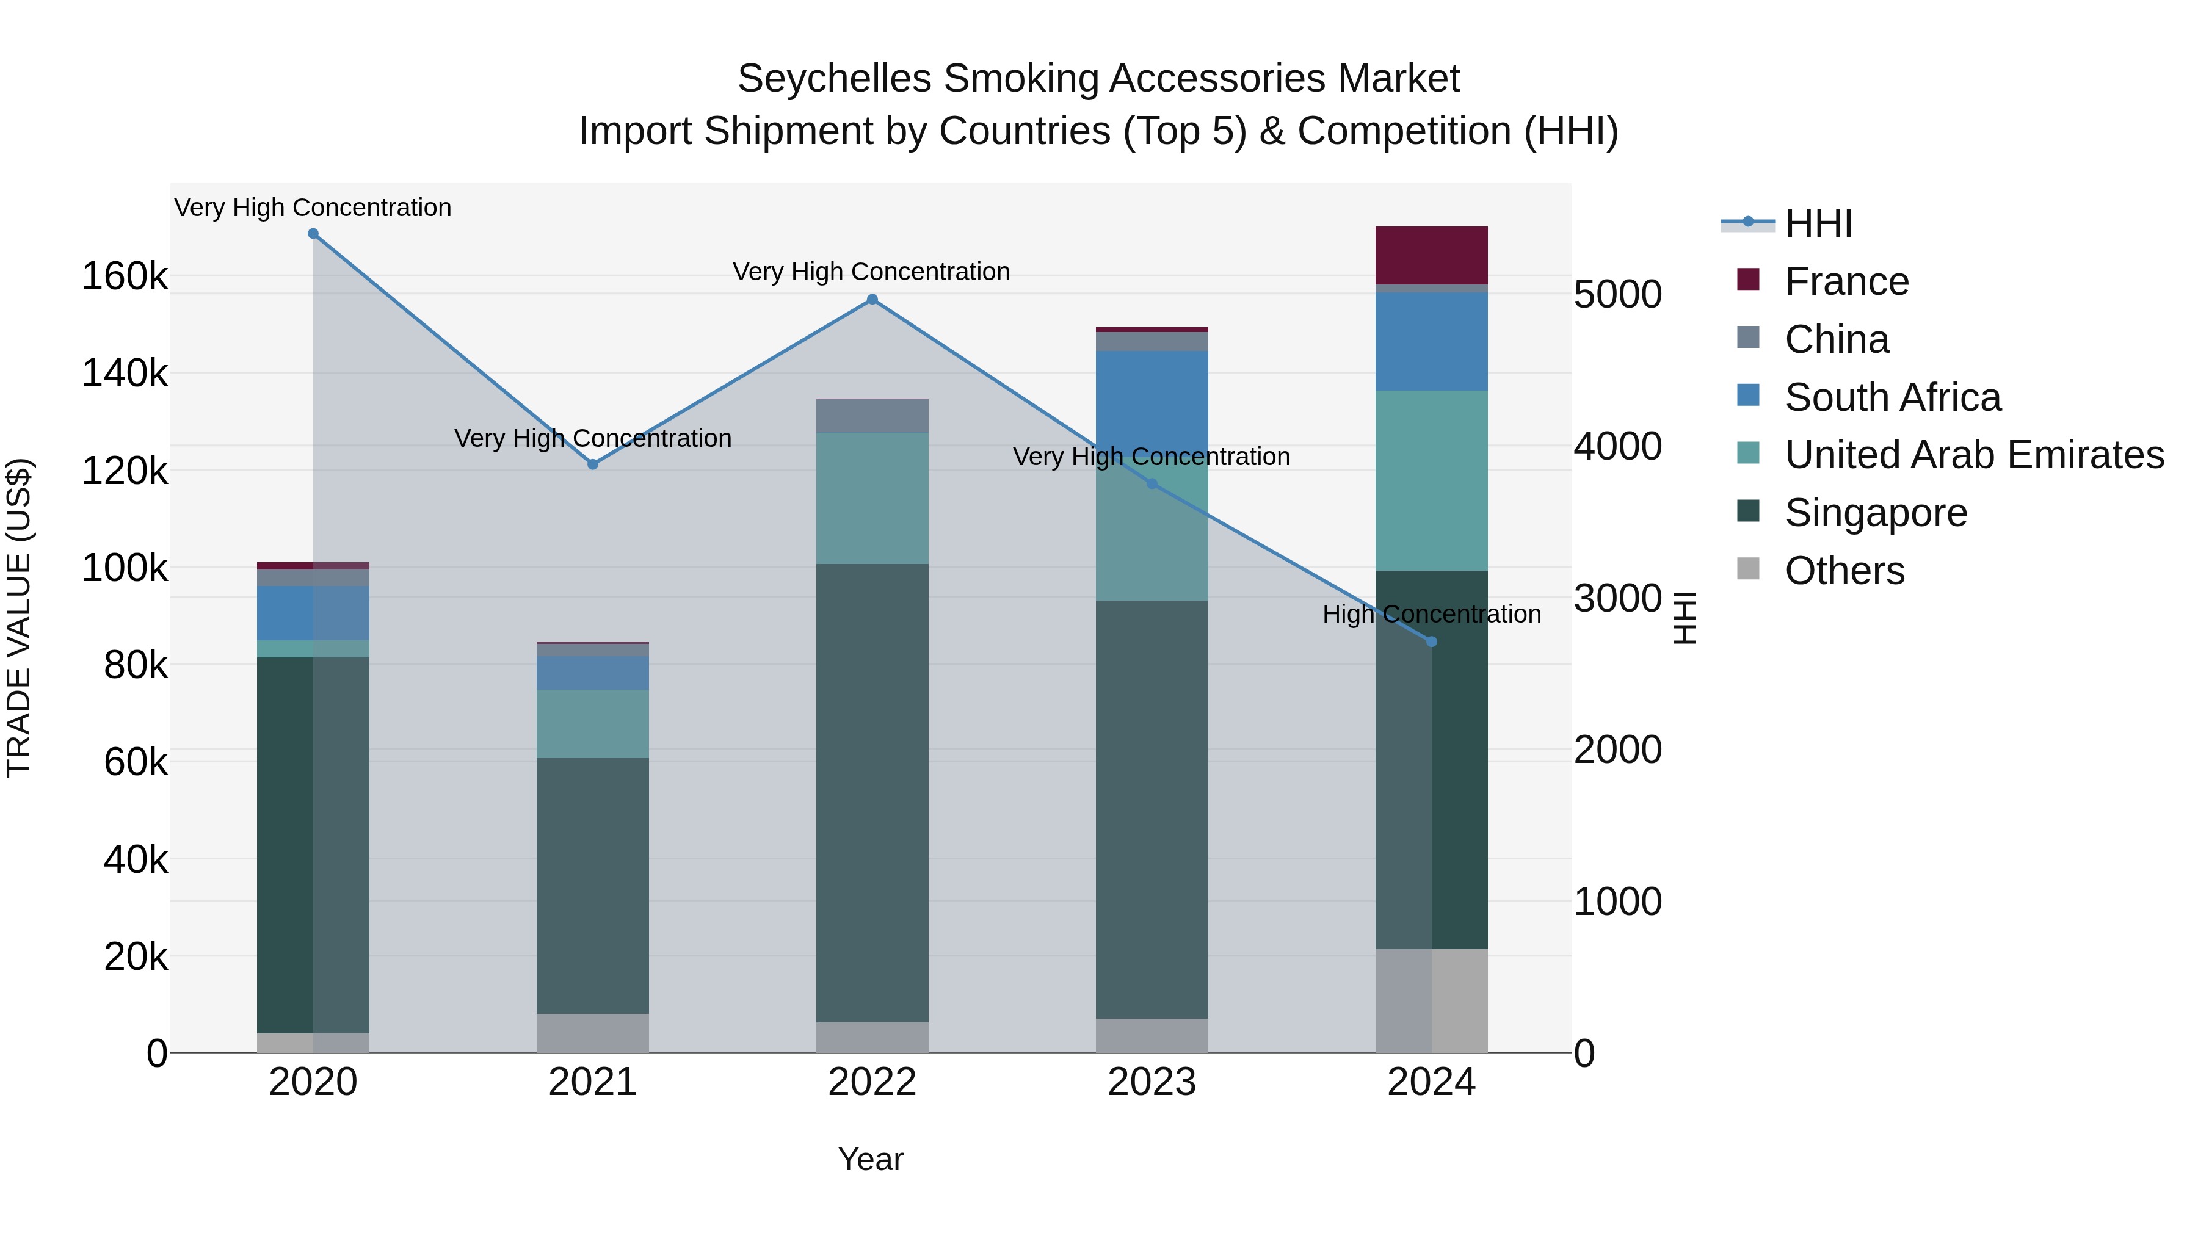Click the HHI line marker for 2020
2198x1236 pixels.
pos(313,234)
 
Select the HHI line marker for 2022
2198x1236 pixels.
pos(872,300)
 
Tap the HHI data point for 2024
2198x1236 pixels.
pos(1432,641)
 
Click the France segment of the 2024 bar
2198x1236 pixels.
pos(1431,255)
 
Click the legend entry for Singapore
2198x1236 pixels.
pos(1876,513)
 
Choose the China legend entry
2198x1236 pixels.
pos(1836,339)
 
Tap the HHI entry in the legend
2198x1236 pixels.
pos(1818,223)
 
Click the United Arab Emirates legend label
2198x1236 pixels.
pos(1973,455)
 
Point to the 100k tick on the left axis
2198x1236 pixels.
pos(125,568)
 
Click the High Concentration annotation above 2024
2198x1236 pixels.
pos(1431,614)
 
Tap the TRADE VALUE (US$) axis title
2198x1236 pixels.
pos(19,618)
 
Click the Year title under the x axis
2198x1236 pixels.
pos(870,1159)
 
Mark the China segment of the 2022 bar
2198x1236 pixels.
pos(872,416)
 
